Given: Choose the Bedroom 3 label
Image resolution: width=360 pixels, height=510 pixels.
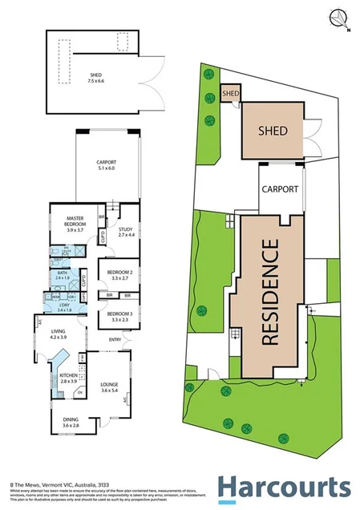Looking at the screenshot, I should pos(119,315).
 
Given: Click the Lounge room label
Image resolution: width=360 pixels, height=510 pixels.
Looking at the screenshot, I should pos(109,389).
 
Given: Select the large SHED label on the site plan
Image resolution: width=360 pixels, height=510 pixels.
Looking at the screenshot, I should pos(273,130).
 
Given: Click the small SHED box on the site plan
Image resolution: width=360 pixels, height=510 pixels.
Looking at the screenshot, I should pos(231,94).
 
